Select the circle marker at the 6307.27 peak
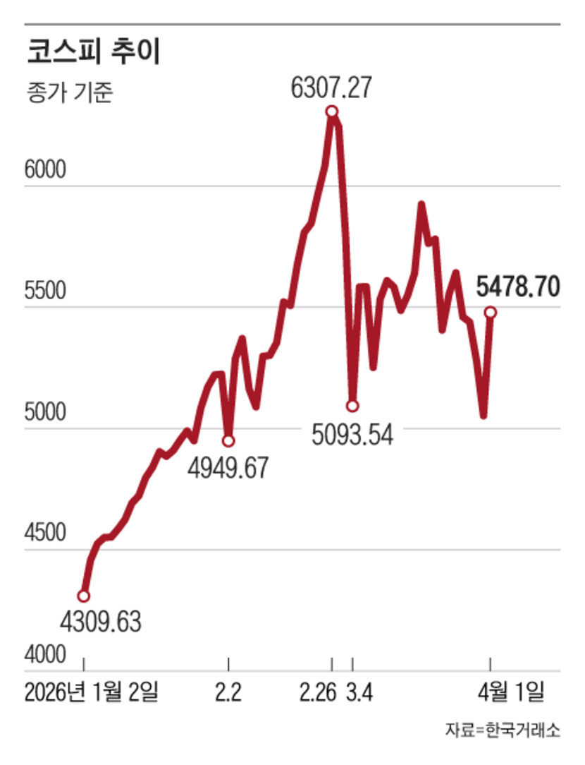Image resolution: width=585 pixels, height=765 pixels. (x=331, y=112)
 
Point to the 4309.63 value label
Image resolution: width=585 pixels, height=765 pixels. (x=100, y=622)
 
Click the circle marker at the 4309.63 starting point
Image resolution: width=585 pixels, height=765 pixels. (x=84, y=596)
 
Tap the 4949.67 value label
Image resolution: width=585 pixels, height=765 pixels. (x=228, y=468)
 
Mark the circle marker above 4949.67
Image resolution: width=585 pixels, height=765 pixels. (x=228, y=441)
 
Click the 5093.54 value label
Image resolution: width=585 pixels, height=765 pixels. (x=352, y=433)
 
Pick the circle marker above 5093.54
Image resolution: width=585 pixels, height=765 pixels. (x=352, y=406)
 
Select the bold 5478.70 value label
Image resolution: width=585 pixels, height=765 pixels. (x=518, y=287)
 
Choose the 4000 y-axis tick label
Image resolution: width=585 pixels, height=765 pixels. (x=45, y=655)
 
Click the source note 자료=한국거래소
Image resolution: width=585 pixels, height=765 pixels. (x=503, y=730)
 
